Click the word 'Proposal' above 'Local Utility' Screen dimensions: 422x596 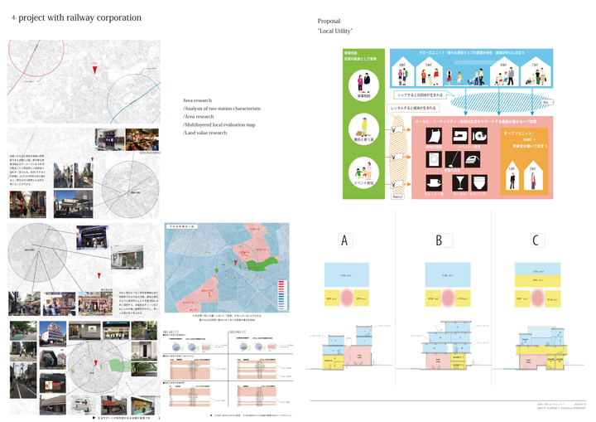pos(329,21)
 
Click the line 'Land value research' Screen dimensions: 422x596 pos(205,133)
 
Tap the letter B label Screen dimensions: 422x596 pos(440,241)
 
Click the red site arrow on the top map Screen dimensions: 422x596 pos(96,71)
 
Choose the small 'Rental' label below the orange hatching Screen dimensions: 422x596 pos(397,196)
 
